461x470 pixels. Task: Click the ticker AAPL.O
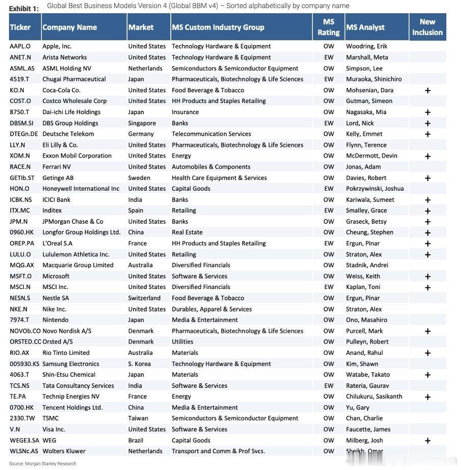tap(20, 46)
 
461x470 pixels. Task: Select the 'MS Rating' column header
tap(328, 27)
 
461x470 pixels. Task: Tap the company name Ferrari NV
tap(57, 167)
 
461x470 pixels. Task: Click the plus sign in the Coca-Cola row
tap(427, 90)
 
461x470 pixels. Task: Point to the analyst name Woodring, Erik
tap(367, 46)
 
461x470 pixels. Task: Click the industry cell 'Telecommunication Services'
tap(211, 134)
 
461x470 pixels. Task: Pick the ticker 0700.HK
tap(21, 407)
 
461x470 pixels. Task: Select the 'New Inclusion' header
tap(427, 27)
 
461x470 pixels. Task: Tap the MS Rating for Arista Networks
tap(328, 58)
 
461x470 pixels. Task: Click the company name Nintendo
tap(55, 320)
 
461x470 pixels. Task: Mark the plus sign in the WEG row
tap(427, 440)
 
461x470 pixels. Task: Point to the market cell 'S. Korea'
tap(139, 364)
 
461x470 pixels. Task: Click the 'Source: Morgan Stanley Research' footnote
tap(42, 464)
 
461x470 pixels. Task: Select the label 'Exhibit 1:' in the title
tap(23, 9)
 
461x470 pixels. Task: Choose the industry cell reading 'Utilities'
tap(183, 342)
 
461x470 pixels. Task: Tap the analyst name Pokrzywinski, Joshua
tap(375, 189)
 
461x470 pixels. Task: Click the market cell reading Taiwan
tap(138, 419)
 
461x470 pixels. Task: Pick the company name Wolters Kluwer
tap(64, 451)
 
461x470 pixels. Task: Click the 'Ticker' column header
tap(20, 28)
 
